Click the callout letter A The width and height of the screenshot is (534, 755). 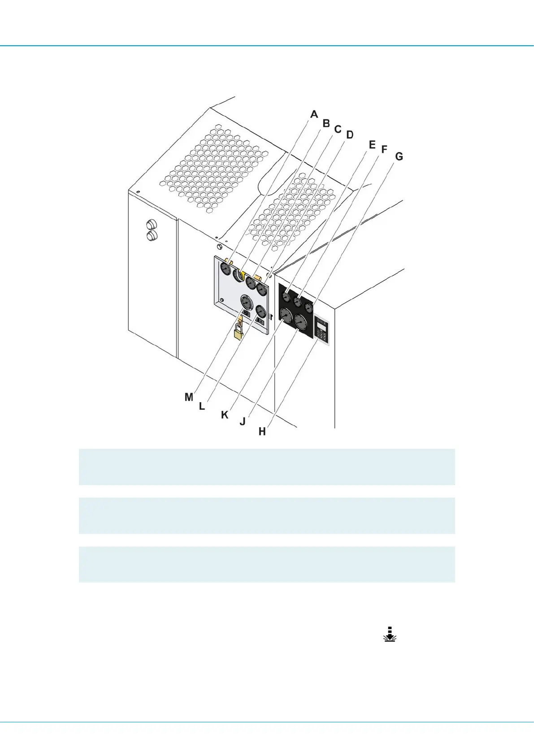coord(314,114)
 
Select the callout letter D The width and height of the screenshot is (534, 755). coord(350,135)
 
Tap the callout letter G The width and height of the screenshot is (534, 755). coord(399,156)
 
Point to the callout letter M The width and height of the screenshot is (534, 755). coord(189,397)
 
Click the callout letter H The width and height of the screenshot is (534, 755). coord(262,431)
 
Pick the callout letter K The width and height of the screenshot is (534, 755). coord(225,415)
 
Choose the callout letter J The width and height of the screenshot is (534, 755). coord(243,422)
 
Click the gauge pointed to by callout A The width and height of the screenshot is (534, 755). coord(225,269)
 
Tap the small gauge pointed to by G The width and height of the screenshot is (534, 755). coord(308,308)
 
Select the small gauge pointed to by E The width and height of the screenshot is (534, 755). coord(287,296)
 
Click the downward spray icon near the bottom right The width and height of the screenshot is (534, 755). coord(390,634)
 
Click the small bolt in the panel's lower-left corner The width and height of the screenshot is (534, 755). coord(221,300)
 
